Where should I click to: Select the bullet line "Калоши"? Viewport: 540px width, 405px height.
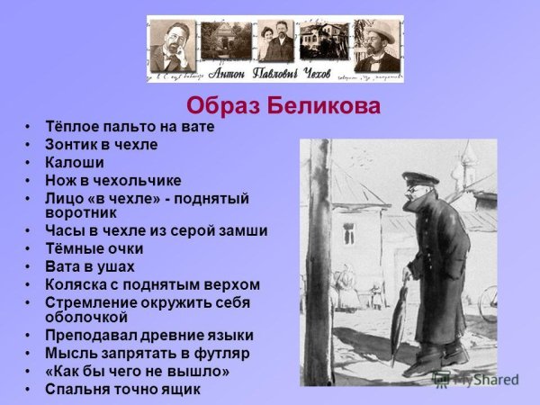click(x=76, y=163)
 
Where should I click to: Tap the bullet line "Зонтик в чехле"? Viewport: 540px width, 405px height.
click(x=102, y=145)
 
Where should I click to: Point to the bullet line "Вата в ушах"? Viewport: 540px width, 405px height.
click(x=90, y=266)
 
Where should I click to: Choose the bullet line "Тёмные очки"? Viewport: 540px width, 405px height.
click(x=94, y=248)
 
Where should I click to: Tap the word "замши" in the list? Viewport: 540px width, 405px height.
click(x=244, y=231)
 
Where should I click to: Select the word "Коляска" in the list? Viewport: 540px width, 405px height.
click(x=79, y=284)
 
